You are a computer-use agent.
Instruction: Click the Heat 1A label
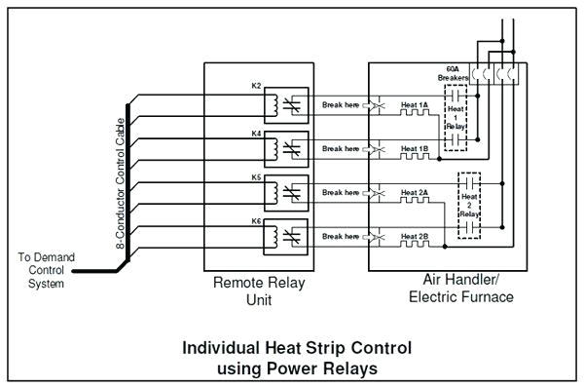pyautogui.click(x=415, y=103)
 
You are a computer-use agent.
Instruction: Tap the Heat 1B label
pyautogui.click(x=415, y=148)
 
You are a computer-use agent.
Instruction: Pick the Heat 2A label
pyautogui.click(x=415, y=192)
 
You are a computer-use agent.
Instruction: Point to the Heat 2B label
pyautogui.click(x=415, y=236)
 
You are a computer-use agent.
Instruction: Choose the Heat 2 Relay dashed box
pyautogui.click(x=471, y=206)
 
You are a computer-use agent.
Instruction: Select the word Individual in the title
pyautogui.click(x=220, y=347)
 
